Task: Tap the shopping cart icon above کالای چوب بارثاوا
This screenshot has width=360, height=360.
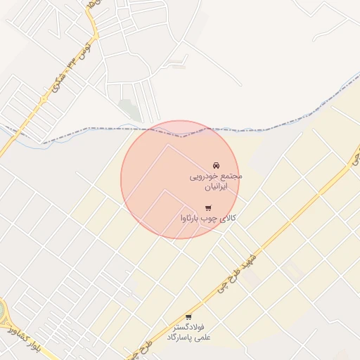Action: tap(208, 207)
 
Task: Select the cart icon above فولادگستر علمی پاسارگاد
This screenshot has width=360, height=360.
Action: tap(188, 317)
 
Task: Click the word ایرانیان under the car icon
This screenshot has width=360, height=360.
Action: tap(217, 188)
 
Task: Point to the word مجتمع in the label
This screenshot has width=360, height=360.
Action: tap(231, 176)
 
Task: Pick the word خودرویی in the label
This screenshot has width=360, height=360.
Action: tap(205, 176)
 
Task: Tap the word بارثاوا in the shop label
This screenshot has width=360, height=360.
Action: tap(195, 219)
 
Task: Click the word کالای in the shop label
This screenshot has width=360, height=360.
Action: tap(229, 219)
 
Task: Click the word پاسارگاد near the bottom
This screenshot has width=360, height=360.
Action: tap(179, 338)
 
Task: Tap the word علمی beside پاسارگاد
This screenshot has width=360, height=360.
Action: tap(203, 338)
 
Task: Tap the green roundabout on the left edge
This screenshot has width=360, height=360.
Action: tap(2, 314)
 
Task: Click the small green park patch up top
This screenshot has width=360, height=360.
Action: tap(129, 109)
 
